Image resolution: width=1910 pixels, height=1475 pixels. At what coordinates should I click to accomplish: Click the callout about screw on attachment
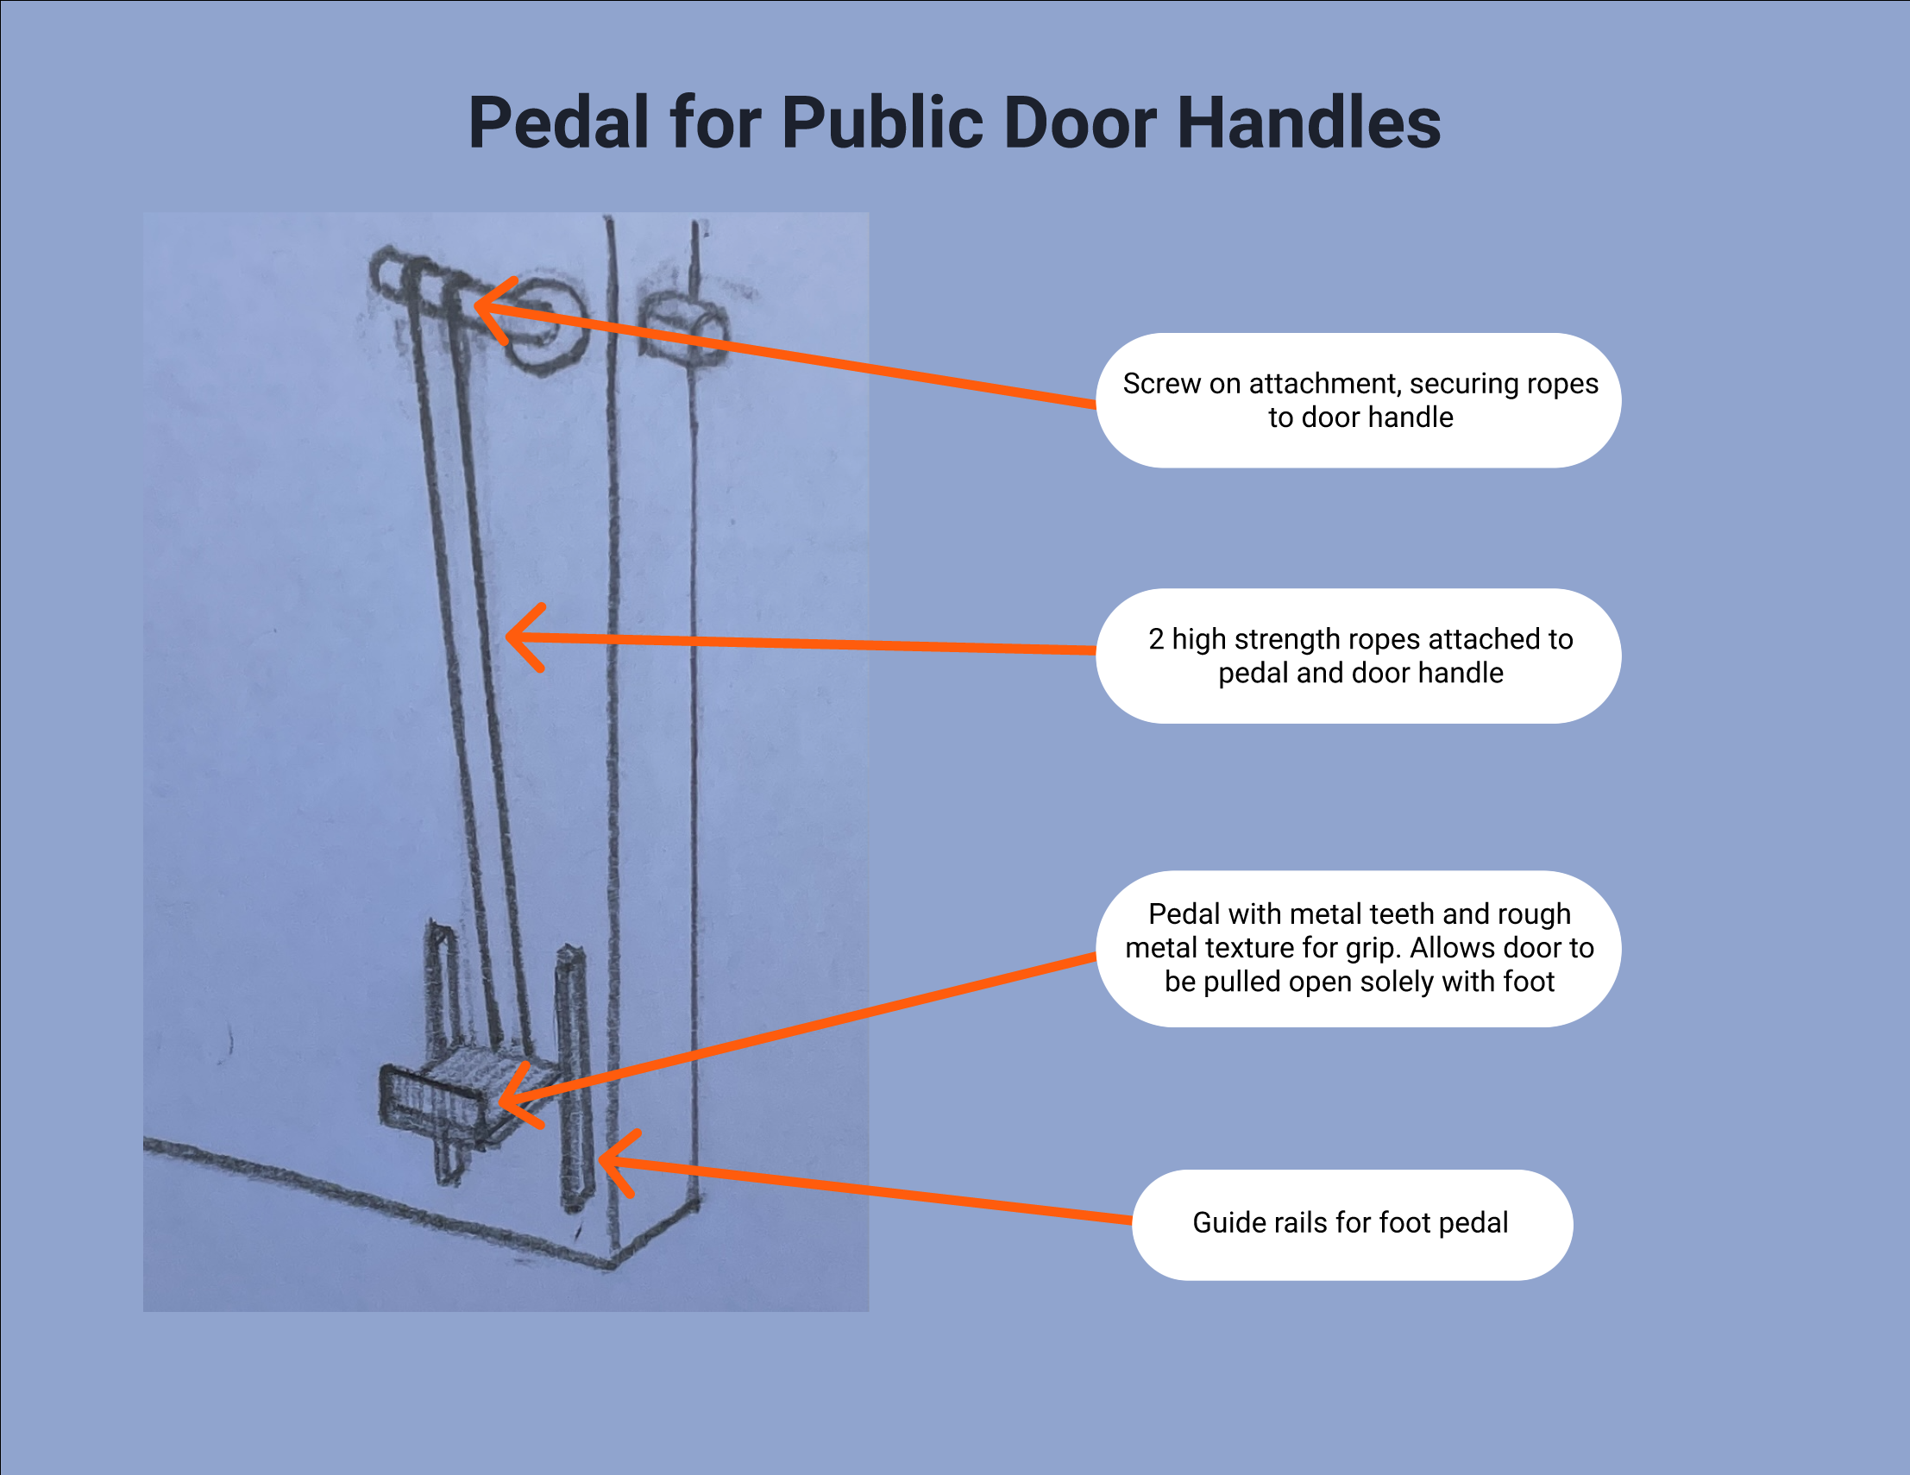pos(1358,400)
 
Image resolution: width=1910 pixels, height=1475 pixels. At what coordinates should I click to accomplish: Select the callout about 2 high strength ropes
pos(1358,656)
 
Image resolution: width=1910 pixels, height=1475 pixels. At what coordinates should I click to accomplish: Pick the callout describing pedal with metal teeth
pos(1358,949)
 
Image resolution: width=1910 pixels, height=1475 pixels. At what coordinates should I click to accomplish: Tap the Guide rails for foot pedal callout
pos(1352,1225)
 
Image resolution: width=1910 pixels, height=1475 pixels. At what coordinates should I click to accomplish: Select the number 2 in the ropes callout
pos(1156,639)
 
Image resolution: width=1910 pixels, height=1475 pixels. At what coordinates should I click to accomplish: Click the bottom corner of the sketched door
pos(613,1265)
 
